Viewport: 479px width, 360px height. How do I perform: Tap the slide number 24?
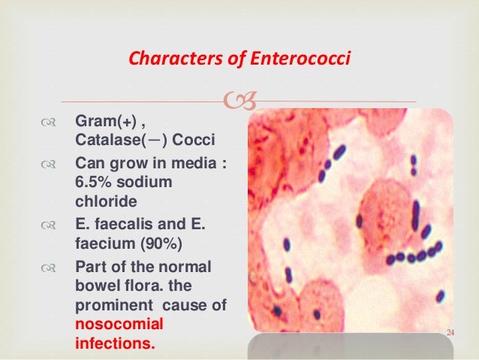coord(451,332)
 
